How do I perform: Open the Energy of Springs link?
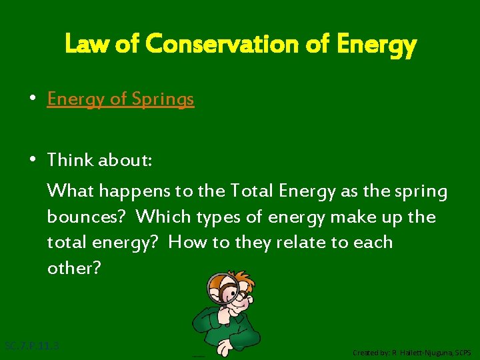coord(121,99)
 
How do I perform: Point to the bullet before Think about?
coord(32,160)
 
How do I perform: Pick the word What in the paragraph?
coord(70,191)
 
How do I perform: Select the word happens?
coord(133,192)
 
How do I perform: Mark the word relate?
coord(291,242)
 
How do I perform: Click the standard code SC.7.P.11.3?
coord(32,346)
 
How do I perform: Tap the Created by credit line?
coord(411,352)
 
